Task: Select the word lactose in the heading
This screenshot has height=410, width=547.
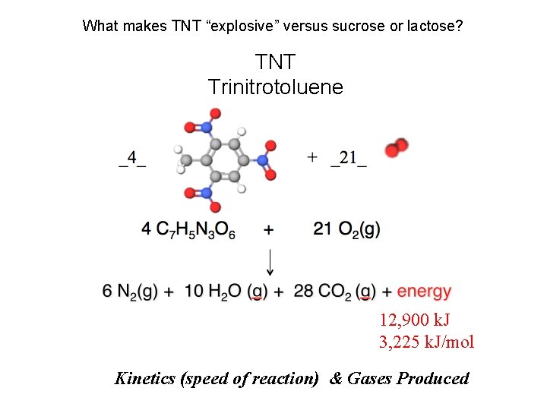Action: click(432, 26)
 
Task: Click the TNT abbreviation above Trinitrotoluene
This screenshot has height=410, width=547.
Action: click(275, 61)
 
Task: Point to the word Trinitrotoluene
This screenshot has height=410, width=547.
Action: click(275, 87)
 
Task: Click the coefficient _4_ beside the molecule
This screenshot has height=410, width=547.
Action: click(132, 158)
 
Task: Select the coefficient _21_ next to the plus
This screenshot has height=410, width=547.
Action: click(348, 158)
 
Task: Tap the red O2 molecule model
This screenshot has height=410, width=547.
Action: click(397, 147)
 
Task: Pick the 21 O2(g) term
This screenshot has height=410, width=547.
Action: click(347, 229)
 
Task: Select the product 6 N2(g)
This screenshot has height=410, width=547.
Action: click(129, 291)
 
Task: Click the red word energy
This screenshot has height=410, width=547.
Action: click(424, 291)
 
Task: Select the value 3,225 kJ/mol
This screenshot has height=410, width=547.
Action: click(426, 342)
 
